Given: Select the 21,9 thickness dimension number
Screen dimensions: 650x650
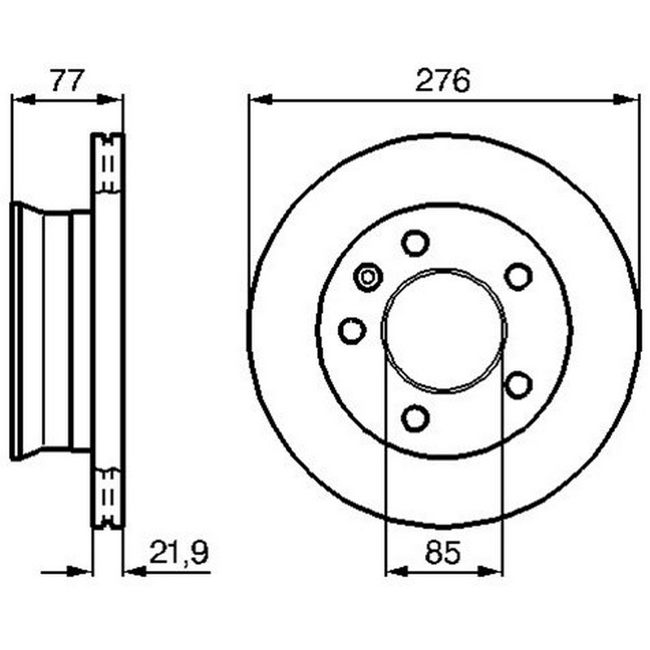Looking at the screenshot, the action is click(179, 552).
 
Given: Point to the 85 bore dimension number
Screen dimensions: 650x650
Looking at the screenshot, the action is click(443, 552).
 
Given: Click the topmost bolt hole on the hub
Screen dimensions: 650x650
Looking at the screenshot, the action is click(415, 242).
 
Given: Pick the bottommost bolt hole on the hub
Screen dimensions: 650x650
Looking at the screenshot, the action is click(415, 418).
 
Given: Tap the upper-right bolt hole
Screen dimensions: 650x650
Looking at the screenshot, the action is click(518, 276).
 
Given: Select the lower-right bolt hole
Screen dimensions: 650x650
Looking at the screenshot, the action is click(518, 385).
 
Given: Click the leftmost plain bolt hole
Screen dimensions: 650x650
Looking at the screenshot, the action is click(353, 331).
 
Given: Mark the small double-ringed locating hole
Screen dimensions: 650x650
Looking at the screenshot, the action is click(368, 277).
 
